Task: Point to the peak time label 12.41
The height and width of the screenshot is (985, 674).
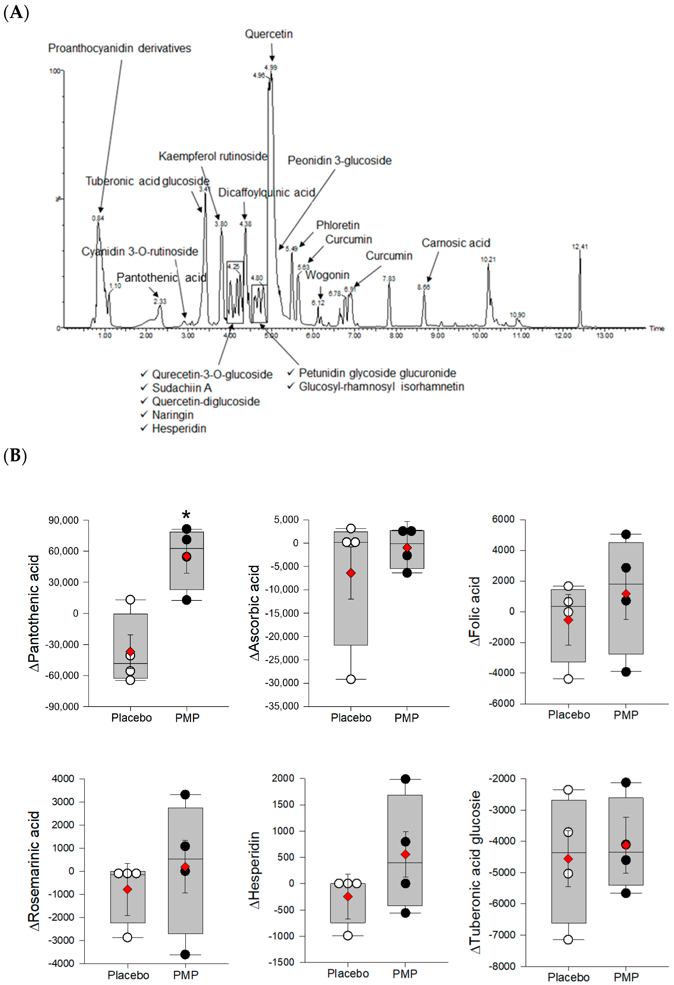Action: tap(579, 247)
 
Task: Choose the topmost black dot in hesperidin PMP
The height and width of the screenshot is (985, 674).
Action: tap(405, 779)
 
